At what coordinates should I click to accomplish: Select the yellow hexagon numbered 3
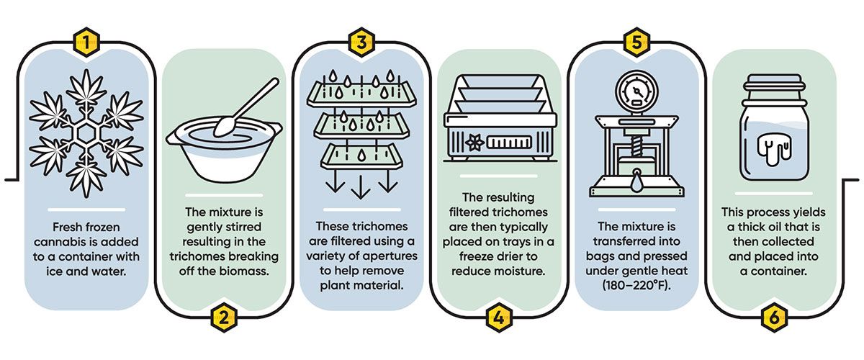tap(361, 42)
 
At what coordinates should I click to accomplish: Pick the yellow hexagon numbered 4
tap(498, 317)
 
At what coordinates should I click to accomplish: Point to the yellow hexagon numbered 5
tap(634, 42)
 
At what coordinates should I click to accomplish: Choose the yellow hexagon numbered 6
tap(770, 317)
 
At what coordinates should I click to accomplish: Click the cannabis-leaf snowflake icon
tap(86, 133)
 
